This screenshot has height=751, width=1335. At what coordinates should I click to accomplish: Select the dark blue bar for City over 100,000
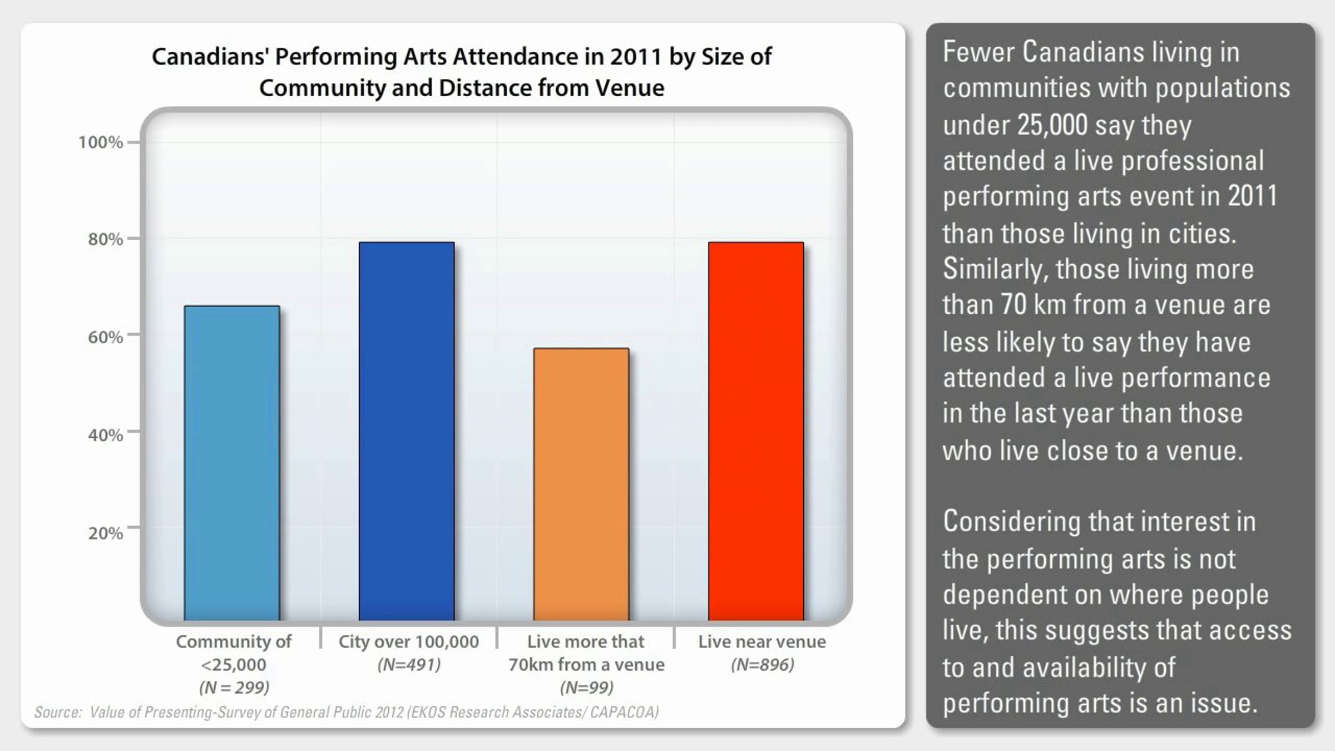point(407,431)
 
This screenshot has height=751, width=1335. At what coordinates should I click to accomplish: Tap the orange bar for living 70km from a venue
point(581,484)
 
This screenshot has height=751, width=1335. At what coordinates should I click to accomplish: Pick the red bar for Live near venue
point(756,431)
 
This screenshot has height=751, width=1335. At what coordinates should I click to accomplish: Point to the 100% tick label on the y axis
point(100,142)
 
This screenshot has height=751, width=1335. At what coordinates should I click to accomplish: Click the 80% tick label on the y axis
point(105,239)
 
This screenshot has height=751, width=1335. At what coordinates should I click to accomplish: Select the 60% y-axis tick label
point(105,337)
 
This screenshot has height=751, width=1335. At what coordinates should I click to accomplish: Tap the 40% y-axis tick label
point(105,434)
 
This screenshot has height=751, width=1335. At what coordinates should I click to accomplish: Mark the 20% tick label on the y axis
point(105,533)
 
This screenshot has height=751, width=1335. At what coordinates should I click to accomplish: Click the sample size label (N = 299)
point(234,688)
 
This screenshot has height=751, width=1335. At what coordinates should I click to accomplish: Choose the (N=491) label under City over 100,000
point(409,665)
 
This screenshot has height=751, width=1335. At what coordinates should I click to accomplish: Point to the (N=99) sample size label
point(586,688)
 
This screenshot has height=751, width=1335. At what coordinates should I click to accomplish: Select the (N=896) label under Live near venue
point(762,665)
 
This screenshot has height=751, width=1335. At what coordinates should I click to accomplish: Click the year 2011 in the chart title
point(636,57)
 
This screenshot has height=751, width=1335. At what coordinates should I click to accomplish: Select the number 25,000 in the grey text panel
point(1052,125)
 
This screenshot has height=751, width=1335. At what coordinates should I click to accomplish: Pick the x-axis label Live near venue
point(762,641)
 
